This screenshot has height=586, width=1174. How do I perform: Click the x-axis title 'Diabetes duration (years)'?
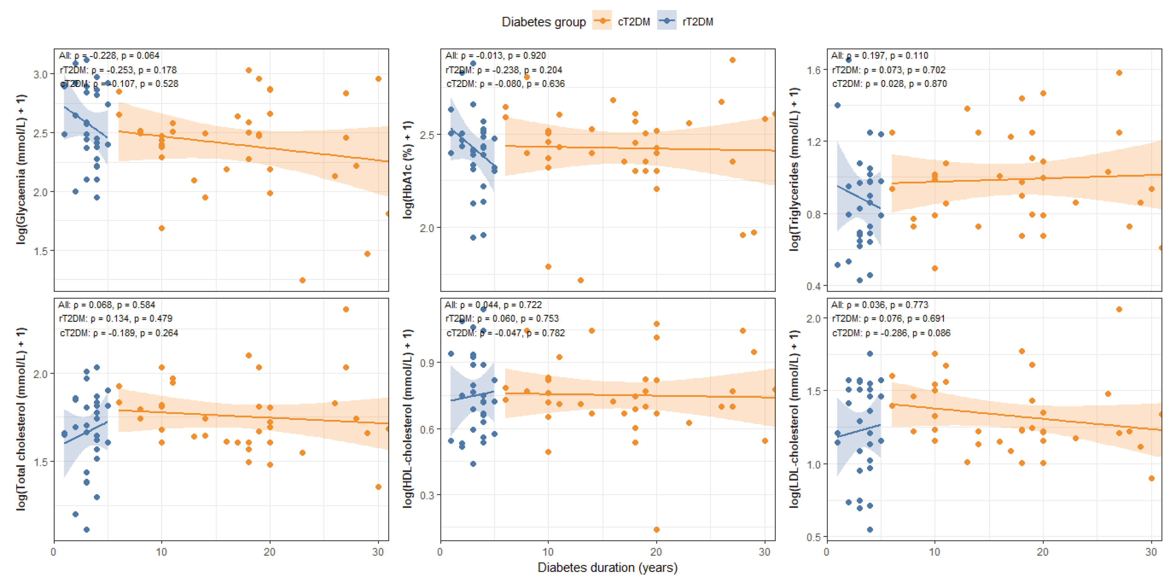[x=607, y=567]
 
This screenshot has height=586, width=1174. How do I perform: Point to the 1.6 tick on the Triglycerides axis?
[x=813, y=70]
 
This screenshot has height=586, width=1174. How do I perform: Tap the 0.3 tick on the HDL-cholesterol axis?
[x=426, y=495]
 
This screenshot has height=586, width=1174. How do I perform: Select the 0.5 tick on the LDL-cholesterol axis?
[x=813, y=537]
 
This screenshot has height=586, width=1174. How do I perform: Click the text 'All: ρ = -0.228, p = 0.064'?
[x=109, y=56]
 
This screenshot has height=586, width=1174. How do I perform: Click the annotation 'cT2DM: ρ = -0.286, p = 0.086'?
[x=891, y=333]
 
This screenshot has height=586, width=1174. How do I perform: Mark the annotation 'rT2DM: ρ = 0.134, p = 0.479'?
[x=116, y=318]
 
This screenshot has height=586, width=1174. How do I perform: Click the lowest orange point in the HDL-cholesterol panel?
[x=656, y=530]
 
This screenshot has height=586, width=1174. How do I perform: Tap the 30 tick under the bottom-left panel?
[x=378, y=552]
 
